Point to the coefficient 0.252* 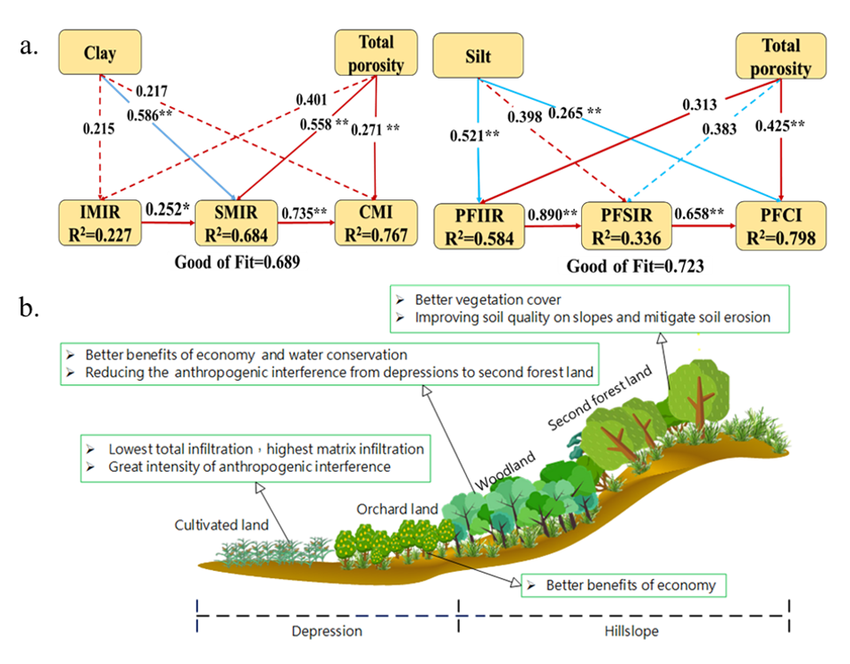click(171, 213)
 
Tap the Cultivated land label click(221, 525)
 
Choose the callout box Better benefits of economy click(622, 585)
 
